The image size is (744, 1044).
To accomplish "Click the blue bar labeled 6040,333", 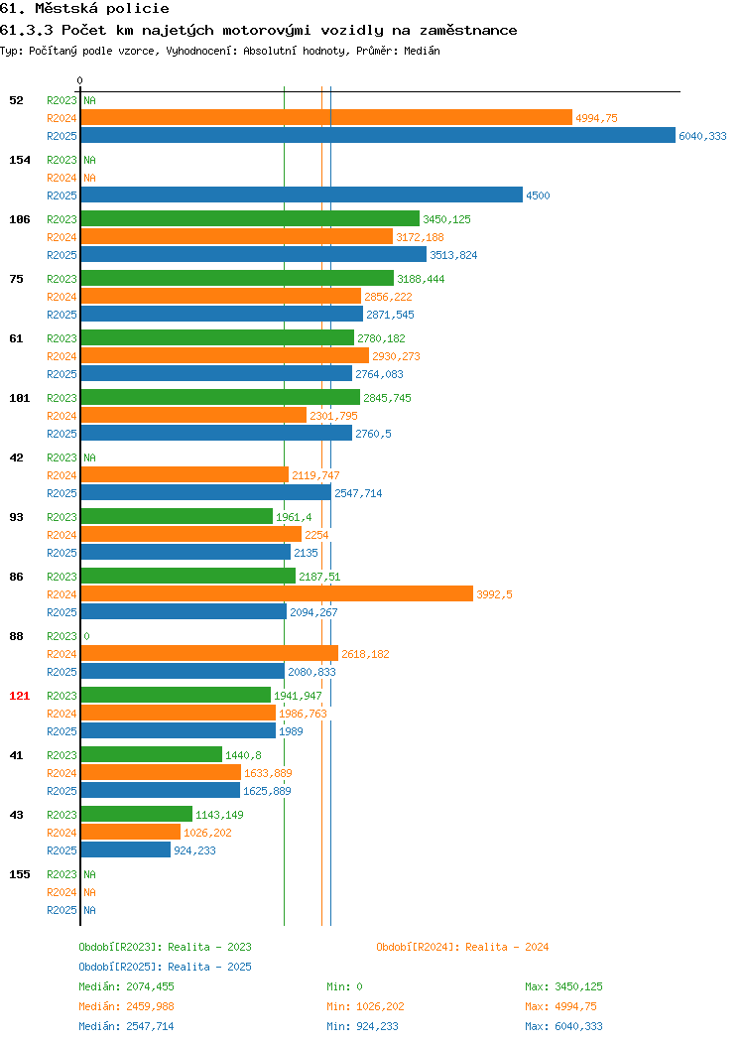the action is click(x=378, y=135).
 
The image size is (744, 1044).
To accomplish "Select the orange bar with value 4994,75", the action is click(x=326, y=117).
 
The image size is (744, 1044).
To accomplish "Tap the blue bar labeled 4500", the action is click(x=303, y=195).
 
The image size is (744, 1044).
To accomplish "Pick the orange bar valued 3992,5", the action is click(x=277, y=593).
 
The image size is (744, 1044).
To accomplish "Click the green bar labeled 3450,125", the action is click(x=250, y=218).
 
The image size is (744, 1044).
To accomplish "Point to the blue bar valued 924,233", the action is click(x=126, y=849).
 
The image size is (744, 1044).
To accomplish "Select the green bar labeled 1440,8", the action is click(x=152, y=754).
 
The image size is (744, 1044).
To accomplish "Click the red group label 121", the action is click(x=19, y=696).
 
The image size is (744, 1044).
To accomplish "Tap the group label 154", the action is click(x=19, y=160).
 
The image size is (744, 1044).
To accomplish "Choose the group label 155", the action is click(x=19, y=874).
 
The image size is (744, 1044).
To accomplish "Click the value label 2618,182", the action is click(x=365, y=654).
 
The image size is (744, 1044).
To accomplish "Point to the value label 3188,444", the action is click(x=421, y=279).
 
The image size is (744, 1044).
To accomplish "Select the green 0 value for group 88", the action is click(x=86, y=636).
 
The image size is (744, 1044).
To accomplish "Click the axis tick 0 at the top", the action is click(x=80, y=80).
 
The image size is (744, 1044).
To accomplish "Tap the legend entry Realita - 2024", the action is click(x=462, y=947).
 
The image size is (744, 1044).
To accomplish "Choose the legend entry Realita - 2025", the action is click(x=165, y=967).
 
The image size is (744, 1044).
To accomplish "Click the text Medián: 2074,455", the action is click(x=126, y=986).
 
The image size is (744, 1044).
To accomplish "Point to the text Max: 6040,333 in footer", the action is click(x=563, y=1027).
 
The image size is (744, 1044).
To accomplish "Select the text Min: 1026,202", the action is click(x=365, y=1006).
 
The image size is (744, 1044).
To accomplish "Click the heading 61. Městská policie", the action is click(x=84, y=9).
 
